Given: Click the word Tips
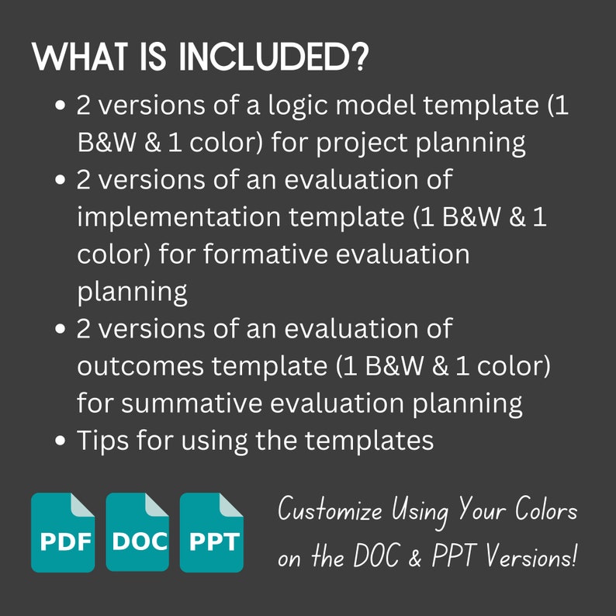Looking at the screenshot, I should [104, 440].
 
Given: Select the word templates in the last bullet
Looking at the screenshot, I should [369, 440].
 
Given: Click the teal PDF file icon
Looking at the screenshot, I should [62, 532].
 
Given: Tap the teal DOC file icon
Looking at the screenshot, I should [137, 532].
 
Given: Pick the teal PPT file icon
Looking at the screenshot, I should [212, 532].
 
